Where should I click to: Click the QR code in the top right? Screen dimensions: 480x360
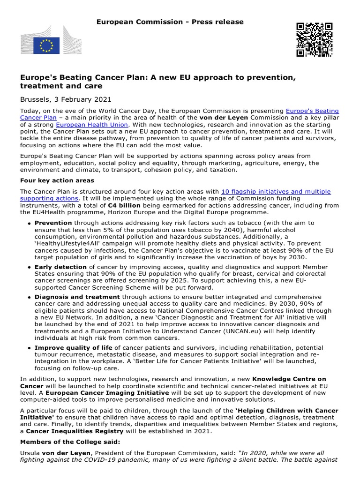(x=314, y=39)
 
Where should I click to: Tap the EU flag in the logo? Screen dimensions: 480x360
(x=47, y=45)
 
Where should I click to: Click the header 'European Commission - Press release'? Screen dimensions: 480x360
(x=170, y=22)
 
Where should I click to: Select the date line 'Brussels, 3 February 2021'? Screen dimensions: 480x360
(x=66, y=99)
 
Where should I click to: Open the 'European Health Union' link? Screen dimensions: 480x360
(x=92, y=125)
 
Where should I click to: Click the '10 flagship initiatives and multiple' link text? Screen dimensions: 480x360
(x=276, y=191)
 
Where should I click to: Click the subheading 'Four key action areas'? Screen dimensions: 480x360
(x=57, y=180)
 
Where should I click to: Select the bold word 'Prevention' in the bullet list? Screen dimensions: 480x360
(x=53, y=223)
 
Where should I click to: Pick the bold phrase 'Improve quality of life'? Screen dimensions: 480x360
(x=74, y=347)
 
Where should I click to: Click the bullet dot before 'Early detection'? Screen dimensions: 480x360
(x=30, y=267)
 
